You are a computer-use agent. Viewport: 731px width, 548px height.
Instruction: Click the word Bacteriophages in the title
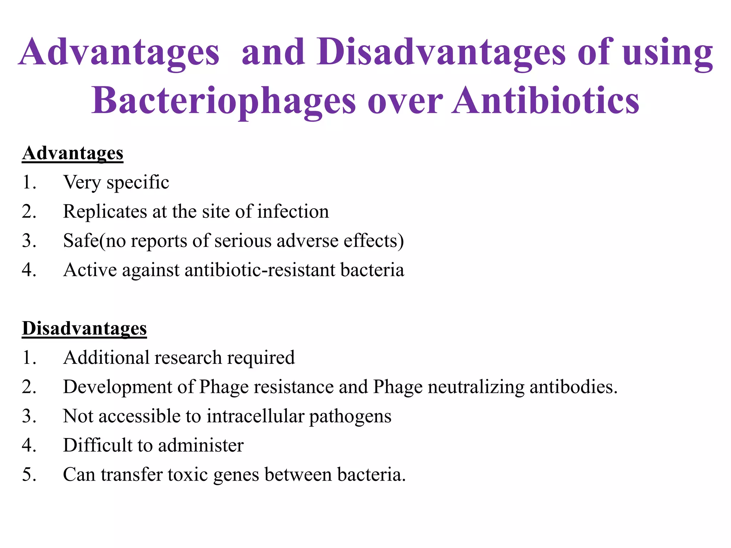[223, 101]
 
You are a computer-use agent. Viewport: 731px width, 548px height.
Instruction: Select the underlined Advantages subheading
[72, 153]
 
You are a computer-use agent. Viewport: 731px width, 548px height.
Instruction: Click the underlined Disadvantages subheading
[84, 328]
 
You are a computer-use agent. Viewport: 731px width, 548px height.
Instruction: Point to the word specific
[138, 183]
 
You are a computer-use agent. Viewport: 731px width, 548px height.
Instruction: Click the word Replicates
[105, 212]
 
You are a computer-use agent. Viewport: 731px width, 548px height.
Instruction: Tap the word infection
[293, 212]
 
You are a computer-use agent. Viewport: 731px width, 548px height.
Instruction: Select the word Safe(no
[95, 241]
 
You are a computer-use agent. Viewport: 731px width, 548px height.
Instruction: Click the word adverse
[307, 241]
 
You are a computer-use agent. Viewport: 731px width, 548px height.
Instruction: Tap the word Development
[117, 387]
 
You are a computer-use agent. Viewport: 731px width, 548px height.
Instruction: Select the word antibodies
[573, 387]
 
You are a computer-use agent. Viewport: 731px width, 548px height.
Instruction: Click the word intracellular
[255, 416]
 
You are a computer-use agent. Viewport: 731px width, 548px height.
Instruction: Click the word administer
[201, 445]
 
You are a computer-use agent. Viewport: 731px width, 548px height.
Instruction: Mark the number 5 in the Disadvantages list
[29, 475]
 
